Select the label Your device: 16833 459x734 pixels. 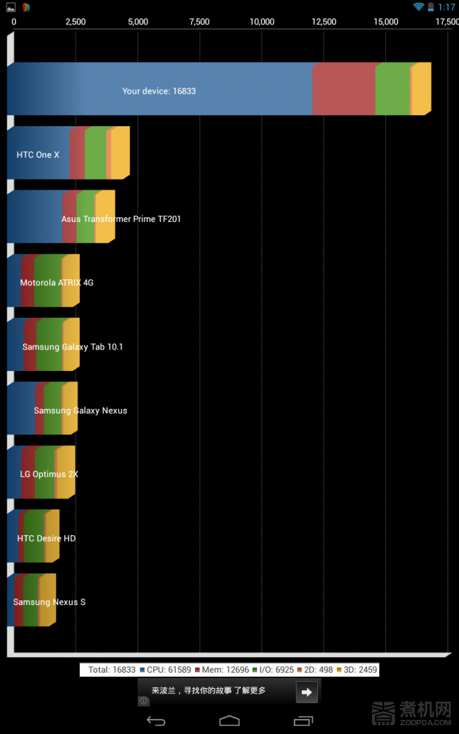159,91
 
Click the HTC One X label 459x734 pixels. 38,155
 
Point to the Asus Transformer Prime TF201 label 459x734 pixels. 121,219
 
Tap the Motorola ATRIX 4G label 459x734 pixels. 57,283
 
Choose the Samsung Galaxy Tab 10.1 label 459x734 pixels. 72,347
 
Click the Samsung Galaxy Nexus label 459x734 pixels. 80,411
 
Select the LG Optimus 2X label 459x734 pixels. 49,474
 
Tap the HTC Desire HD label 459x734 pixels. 46,538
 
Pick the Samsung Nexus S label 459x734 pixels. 49,602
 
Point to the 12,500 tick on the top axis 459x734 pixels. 324,22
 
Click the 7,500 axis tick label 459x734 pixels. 200,22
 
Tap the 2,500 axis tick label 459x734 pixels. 76,22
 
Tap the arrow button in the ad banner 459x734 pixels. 306,691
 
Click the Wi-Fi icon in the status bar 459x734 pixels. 418,7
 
